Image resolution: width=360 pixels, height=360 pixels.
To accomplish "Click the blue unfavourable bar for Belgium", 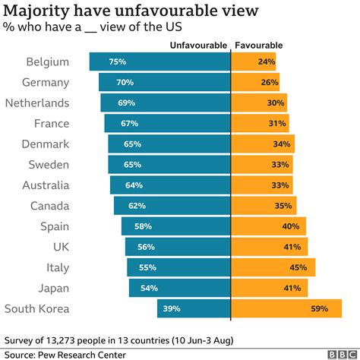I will [x=159, y=62].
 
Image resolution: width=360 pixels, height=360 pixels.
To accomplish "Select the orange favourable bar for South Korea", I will [x=273, y=308].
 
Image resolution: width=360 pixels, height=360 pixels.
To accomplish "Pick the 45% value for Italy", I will [x=298, y=267].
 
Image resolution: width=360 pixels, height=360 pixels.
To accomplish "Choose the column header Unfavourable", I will [x=197, y=46].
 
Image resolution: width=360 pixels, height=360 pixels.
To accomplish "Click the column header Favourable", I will [x=257, y=46].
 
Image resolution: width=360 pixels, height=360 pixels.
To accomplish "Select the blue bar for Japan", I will [x=179, y=288].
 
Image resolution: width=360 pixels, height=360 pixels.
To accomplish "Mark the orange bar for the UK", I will [x=269, y=247].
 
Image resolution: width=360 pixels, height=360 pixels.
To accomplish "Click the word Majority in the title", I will [x=44, y=11].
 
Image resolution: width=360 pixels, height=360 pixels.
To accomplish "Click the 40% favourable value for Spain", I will [x=290, y=226].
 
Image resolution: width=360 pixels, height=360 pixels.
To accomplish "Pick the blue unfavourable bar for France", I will [x=167, y=124].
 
